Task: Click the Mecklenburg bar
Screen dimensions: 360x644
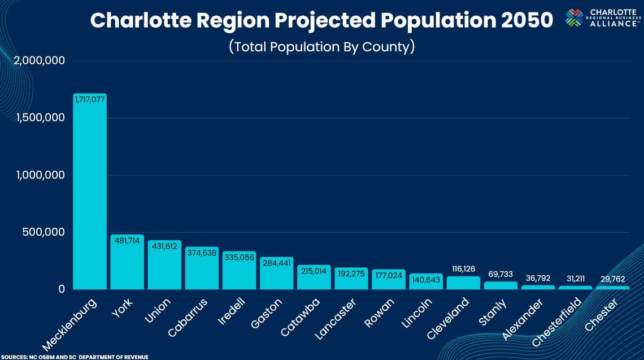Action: tap(90, 192)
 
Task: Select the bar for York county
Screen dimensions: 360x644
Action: tap(127, 263)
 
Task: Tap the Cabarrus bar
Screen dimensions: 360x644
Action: tap(202, 269)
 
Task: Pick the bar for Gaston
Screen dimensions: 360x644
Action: tap(276, 274)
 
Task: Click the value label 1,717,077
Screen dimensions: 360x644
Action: tap(90, 99)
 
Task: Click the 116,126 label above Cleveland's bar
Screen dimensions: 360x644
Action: tap(463, 269)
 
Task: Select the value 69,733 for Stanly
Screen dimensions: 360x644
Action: tap(501, 274)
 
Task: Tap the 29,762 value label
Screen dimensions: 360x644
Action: tap(612, 279)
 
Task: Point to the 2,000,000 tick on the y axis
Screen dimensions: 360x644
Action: tap(40, 61)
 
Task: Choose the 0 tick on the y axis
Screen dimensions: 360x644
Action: tap(62, 289)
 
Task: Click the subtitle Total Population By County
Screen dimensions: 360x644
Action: tap(321, 46)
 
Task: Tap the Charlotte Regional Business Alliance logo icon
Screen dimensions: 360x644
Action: tap(575, 18)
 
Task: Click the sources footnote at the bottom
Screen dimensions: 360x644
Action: tap(75, 357)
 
